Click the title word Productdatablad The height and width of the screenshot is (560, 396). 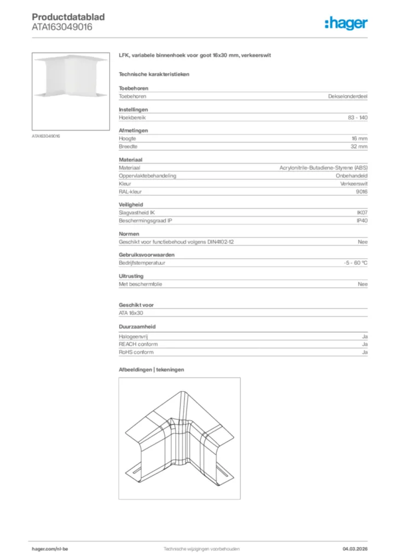pos(68,17)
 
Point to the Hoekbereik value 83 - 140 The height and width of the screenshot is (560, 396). pos(358,118)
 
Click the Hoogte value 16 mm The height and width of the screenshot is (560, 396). pos(359,138)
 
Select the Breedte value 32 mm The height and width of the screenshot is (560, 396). pos(359,147)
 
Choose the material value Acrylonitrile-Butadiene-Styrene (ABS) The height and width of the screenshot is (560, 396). pos(323,167)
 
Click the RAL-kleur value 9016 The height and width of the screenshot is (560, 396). pos(362,192)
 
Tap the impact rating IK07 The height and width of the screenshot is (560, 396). pos(362,213)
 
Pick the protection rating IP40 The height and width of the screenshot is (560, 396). pos(362,221)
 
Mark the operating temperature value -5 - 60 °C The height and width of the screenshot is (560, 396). pos(352,262)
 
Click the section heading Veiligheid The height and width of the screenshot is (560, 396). pos(130,205)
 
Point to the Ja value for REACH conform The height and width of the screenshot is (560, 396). pos(364,345)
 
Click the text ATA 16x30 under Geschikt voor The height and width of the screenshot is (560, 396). pos(131,313)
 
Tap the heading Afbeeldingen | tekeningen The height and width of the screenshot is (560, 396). pos(152,370)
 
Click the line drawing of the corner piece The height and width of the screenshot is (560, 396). pos(179,437)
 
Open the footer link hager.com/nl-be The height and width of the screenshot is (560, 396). pos(50,549)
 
